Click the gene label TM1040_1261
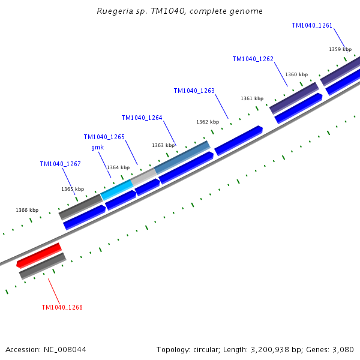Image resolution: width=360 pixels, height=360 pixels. (312, 25)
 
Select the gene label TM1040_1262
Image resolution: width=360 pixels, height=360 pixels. (253, 59)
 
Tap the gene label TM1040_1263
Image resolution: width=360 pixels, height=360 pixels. (194, 91)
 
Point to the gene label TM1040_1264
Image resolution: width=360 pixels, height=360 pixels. (142, 118)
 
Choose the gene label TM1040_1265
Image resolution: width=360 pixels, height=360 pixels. (104, 137)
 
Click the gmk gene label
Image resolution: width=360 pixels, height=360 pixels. (97, 147)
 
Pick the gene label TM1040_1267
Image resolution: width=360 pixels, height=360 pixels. (60, 164)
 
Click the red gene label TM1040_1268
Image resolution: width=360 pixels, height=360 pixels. (62, 307)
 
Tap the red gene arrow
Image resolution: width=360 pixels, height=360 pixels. (39, 255)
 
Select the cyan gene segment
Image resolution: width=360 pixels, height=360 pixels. (116, 190)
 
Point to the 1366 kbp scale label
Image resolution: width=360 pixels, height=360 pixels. (27, 210)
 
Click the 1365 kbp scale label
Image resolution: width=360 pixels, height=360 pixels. (73, 189)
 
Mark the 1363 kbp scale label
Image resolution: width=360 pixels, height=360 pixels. (163, 145)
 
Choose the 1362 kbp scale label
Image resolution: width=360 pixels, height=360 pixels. (208, 122)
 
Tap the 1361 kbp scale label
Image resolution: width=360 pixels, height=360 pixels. (252, 98)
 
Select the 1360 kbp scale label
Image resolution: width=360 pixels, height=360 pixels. (296, 74)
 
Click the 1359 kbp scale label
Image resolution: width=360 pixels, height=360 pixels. (340, 49)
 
